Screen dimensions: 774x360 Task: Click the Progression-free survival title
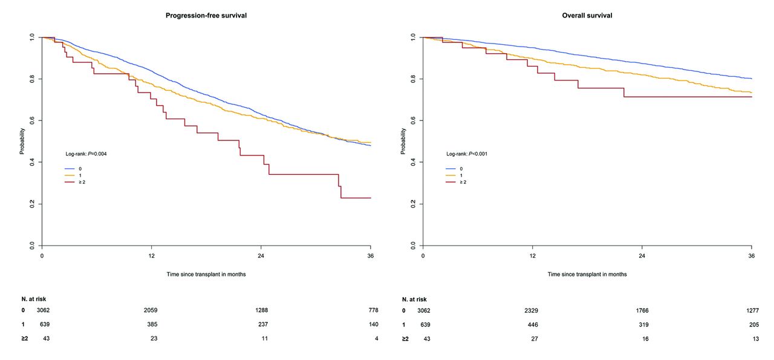click(206, 16)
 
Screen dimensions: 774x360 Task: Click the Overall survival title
click(587, 16)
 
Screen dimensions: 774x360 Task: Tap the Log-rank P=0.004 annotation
click(86, 154)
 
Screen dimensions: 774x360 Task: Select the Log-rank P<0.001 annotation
click(467, 154)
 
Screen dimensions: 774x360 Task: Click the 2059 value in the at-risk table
click(151, 310)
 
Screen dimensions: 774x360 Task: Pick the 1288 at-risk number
click(262, 310)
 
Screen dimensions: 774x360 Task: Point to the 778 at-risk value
click(374, 310)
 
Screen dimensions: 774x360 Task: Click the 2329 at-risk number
click(532, 310)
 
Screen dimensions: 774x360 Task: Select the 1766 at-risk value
click(642, 310)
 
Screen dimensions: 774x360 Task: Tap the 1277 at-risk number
click(753, 310)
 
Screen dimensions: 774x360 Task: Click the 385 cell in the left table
click(152, 324)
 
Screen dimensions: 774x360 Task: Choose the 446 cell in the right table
click(533, 325)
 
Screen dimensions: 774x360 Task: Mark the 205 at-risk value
click(754, 325)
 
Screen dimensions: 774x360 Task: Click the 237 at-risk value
click(263, 324)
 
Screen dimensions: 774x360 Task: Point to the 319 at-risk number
click(644, 325)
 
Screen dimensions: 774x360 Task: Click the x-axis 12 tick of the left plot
click(151, 256)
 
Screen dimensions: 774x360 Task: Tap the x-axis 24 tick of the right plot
click(642, 256)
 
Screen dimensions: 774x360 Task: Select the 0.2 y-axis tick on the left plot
click(32, 204)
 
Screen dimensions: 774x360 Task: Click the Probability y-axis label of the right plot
click(403, 141)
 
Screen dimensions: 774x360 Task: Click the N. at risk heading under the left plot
click(34, 299)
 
